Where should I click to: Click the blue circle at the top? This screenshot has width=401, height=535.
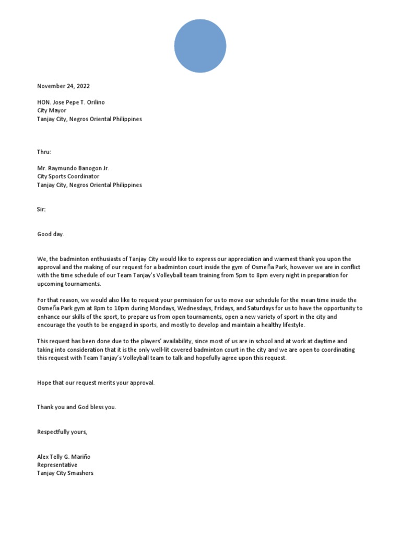click(x=200, y=46)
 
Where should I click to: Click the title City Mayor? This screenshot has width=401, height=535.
click(x=52, y=111)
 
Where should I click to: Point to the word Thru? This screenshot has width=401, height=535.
click(x=44, y=152)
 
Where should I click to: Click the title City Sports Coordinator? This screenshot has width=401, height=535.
click(x=68, y=177)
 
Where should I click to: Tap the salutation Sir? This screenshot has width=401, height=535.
click(x=41, y=209)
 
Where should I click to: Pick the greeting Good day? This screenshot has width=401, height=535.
click(x=50, y=234)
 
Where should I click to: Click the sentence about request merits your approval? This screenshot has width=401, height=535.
click(x=96, y=383)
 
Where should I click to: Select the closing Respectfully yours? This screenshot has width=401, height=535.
click(x=62, y=432)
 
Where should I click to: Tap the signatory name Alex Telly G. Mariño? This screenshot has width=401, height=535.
click(x=63, y=457)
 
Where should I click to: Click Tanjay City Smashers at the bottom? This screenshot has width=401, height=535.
click(x=65, y=473)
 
